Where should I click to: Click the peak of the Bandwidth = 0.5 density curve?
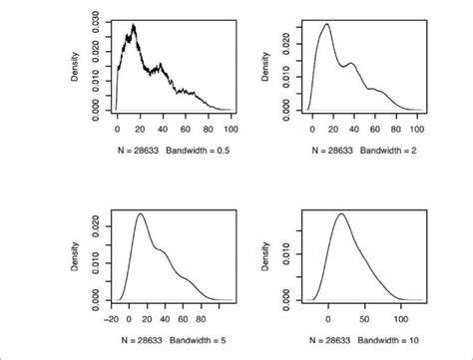134,25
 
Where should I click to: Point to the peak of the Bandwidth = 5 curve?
140,213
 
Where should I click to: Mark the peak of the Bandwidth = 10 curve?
341,213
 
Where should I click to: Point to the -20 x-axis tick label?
114,310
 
